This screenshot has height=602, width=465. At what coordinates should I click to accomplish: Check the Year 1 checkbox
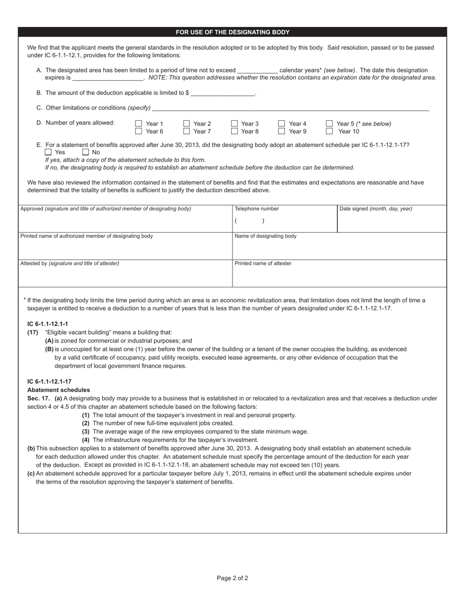[139, 124]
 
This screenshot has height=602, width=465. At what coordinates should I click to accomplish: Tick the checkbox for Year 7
[186, 131]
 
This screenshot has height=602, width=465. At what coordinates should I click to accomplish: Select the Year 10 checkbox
[329, 131]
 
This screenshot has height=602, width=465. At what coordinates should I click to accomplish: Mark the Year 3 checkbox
[234, 124]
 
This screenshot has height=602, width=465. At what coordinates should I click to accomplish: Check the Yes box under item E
[48, 152]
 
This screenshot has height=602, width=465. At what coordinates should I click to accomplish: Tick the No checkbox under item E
[85, 152]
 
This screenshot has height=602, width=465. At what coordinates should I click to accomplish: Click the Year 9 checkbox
[281, 131]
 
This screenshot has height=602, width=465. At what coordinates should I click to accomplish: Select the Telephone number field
[284, 221]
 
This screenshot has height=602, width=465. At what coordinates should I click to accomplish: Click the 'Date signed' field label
[376, 209]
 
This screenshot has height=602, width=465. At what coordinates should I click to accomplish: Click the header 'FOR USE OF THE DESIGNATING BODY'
[232, 32]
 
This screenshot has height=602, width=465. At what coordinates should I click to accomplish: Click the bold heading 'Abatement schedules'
[59, 390]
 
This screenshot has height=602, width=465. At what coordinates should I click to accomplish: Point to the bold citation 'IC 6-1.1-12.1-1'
[47, 324]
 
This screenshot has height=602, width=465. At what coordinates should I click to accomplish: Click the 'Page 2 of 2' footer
[232, 578]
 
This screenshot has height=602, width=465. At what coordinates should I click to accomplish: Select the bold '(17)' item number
[33, 332]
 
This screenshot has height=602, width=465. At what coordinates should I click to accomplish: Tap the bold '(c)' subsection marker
[31, 473]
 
